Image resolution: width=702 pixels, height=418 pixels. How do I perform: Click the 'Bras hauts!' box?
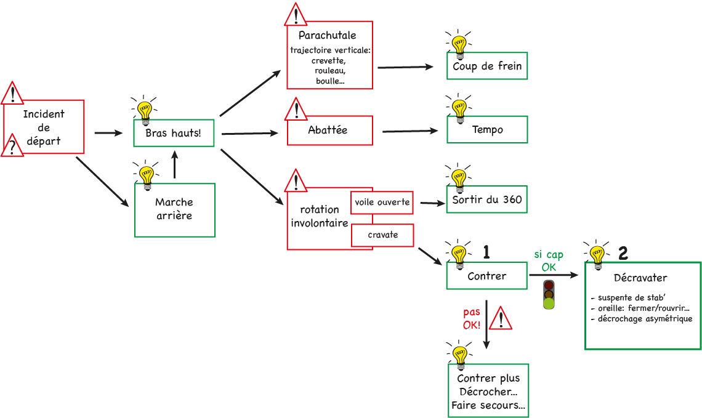[174, 133]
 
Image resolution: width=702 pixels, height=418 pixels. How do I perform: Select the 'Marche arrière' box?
[175, 209]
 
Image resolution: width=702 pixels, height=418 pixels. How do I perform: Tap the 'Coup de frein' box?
[487, 66]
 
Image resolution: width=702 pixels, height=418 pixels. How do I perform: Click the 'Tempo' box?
[487, 129]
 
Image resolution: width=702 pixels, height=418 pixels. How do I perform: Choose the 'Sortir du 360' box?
[486, 199]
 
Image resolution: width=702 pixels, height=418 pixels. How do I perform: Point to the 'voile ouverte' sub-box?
[382, 202]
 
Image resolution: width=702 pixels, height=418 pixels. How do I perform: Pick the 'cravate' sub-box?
[382, 235]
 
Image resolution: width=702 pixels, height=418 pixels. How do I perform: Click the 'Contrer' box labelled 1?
[486, 276]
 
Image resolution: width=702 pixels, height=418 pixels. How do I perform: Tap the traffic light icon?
[549, 294]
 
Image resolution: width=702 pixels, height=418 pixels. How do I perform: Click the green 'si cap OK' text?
[549, 261]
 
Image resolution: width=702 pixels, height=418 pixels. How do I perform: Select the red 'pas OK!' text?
[472, 319]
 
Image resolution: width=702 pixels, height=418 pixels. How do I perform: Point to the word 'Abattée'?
[328, 130]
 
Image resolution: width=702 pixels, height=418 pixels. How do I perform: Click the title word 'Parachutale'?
[328, 35]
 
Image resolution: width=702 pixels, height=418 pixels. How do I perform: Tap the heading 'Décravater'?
[640, 278]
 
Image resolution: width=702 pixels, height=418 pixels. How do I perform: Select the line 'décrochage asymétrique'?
[641, 319]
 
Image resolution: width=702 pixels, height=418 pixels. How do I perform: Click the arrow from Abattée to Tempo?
[409, 131]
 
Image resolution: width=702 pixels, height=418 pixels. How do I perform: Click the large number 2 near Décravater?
[623, 252]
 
